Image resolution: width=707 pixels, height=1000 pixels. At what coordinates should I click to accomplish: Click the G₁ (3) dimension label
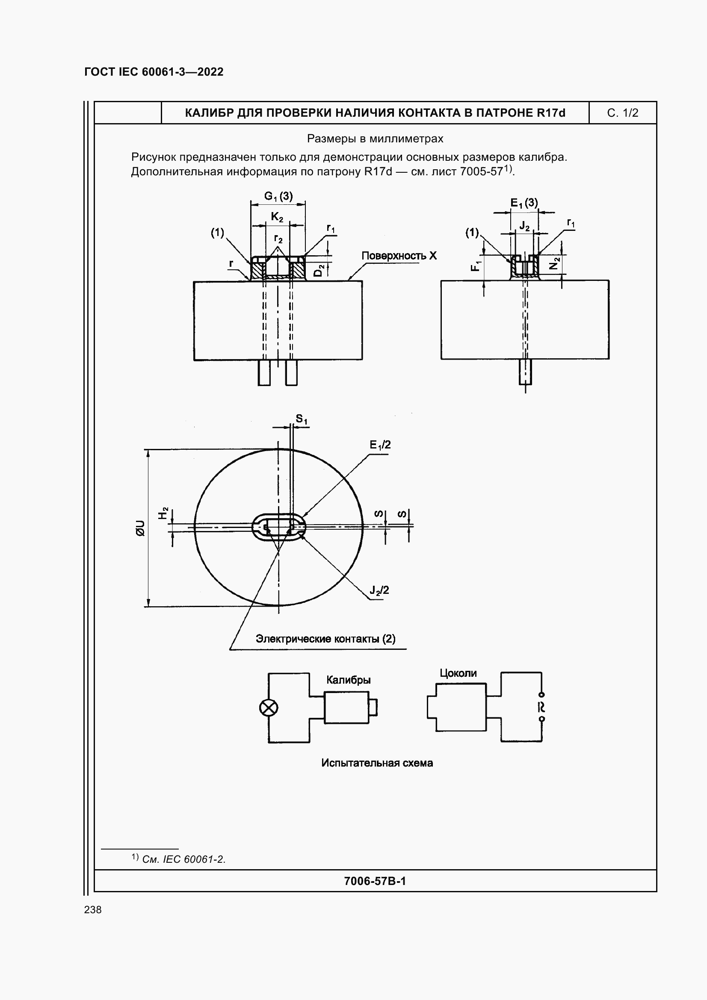(x=278, y=196)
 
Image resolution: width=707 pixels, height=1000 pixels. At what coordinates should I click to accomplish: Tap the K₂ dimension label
(x=277, y=216)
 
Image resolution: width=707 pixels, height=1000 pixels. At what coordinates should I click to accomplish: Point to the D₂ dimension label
(x=319, y=270)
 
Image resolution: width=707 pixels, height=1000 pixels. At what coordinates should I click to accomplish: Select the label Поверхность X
(x=399, y=256)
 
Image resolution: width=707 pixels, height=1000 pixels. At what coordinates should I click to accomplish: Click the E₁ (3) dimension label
(x=524, y=203)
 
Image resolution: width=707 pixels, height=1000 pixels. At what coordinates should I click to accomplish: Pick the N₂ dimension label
(x=553, y=263)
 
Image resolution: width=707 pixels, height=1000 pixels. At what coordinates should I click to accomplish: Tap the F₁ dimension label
(x=476, y=265)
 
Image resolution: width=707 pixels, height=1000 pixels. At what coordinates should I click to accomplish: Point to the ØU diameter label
(x=140, y=528)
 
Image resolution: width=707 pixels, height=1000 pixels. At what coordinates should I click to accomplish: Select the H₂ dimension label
(x=163, y=513)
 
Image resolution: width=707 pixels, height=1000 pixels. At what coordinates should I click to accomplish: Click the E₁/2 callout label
(x=380, y=445)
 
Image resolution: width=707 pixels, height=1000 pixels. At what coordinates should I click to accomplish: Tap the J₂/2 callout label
(x=379, y=590)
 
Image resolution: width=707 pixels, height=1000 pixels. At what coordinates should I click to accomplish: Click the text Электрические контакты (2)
(x=325, y=639)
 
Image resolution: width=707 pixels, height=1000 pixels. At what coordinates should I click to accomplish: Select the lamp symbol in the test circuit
(x=268, y=708)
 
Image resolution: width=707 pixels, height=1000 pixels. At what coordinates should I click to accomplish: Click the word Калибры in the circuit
(x=349, y=680)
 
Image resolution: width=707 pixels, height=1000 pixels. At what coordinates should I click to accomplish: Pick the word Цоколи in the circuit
(x=458, y=673)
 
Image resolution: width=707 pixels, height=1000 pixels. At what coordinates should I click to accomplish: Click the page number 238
(x=93, y=909)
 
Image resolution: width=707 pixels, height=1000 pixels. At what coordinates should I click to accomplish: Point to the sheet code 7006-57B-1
(x=375, y=881)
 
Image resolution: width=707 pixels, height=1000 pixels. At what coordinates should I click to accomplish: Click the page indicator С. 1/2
(x=622, y=113)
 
